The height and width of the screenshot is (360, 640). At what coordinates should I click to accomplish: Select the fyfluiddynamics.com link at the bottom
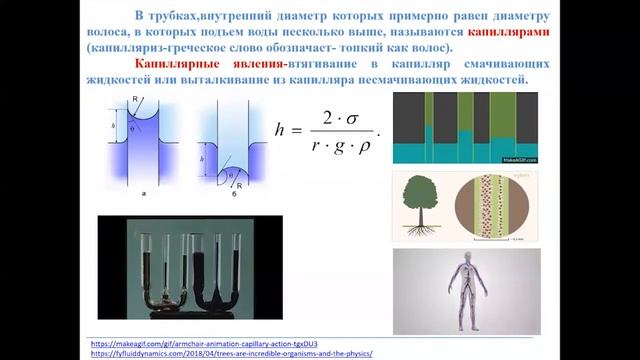[232, 353]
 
